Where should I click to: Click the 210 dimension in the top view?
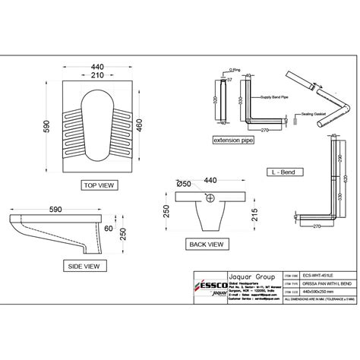tap(96, 75)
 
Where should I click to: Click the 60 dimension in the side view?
tap(109, 228)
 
